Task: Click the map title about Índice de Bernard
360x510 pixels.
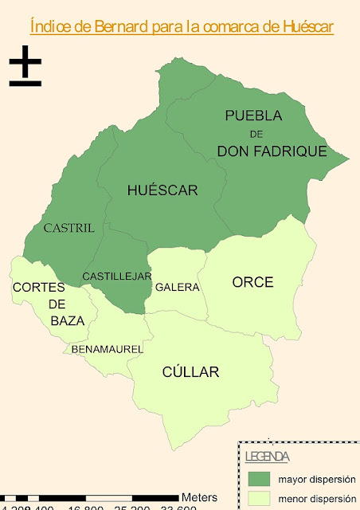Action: pyautogui.click(x=181, y=26)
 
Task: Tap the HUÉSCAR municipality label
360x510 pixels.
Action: pyautogui.click(x=162, y=190)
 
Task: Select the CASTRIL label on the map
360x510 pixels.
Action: pyautogui.click(x=68, y=228)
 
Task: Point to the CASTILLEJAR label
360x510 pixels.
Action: pyautogui.click(x=117, y=277)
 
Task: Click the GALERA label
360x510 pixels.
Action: pyautogui.click(x=177, y=287)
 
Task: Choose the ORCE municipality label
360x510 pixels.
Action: pyautogui.click(x=252, y=282)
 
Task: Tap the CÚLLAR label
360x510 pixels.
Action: pyautogui.click(x=190, y=372)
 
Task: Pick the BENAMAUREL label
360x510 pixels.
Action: pyautogui.click(x=107, y=349)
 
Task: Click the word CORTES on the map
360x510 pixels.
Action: pyautogui.click(x=44, y=287)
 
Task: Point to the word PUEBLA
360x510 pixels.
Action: pyautogui.click(x=253, y=116)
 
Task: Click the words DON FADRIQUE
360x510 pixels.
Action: pyautogui.click(x=272, y=150)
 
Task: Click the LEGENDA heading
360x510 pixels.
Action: pyautogui.click(x=267, y=457)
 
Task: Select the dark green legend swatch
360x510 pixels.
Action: pyautogui.click(x=259, y=479)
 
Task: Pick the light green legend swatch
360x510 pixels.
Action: pyautogui.click(x=259, y=499)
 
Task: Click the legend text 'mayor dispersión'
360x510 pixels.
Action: pyautogui.click(x=313, y=480)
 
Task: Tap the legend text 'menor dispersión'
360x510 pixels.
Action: pyautogui.click(x=313, y=500)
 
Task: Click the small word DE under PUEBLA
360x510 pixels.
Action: pyautogui.click(x=255, y=134)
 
